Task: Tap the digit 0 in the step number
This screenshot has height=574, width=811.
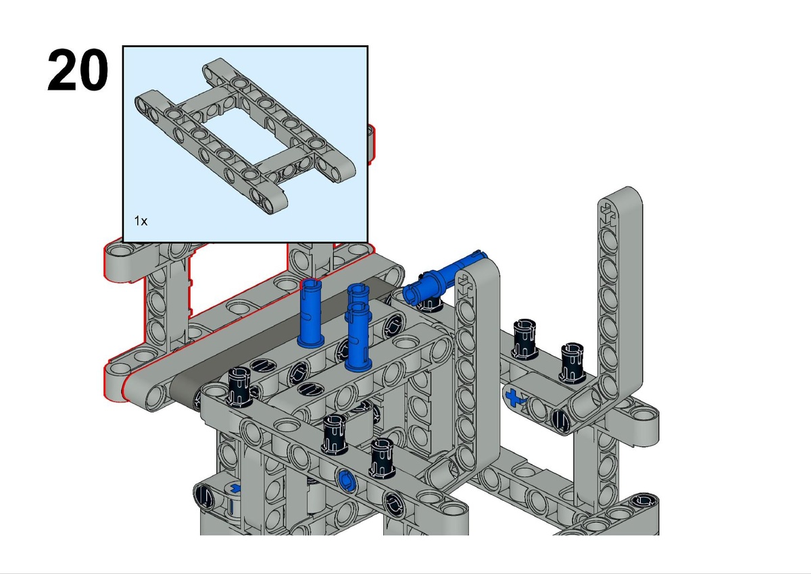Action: point(93,70)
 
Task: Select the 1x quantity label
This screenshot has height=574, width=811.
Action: point(141,221)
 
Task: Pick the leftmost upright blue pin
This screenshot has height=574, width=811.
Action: point(310,312)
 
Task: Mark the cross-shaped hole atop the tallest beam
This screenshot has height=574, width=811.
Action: point(608,214)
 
